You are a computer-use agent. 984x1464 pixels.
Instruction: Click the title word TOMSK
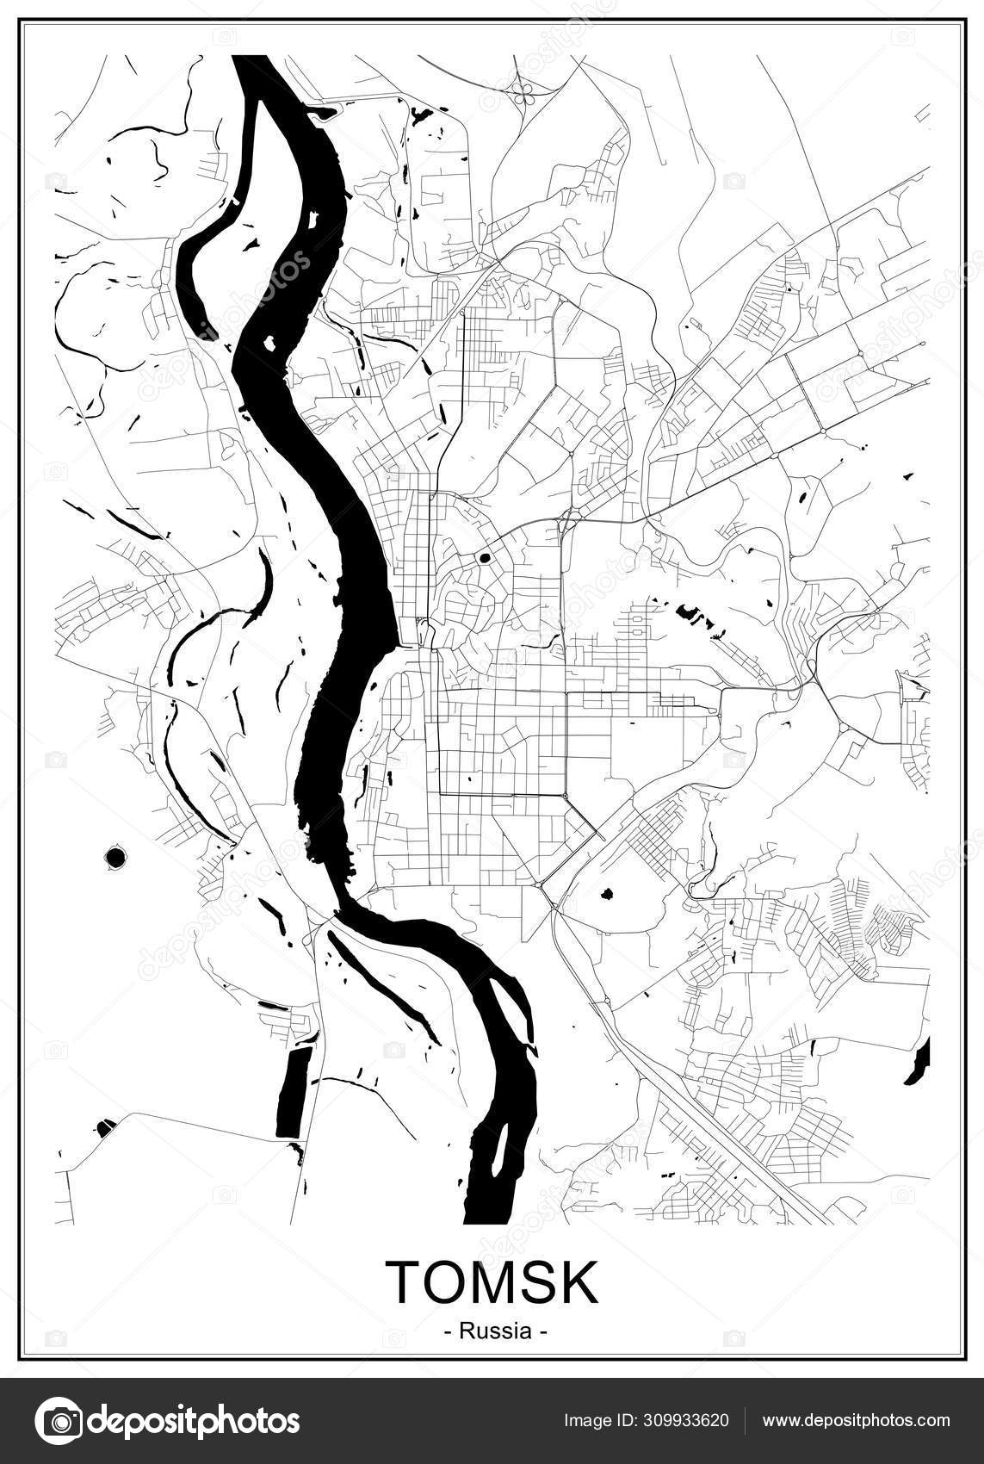[x=492, y=1282]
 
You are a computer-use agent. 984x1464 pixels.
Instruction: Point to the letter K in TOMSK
[x=579, y=1282]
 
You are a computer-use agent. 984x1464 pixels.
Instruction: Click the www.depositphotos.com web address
[x=856, y=1421]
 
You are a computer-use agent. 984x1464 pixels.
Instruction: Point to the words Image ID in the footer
[x=597, y=1421]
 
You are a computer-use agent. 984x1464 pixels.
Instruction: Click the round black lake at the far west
[x=113, y=857]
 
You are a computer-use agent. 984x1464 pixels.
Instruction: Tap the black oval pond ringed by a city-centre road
[x=484, y=557]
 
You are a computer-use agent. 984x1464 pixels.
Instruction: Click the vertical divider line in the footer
[x=744, y=1421]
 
